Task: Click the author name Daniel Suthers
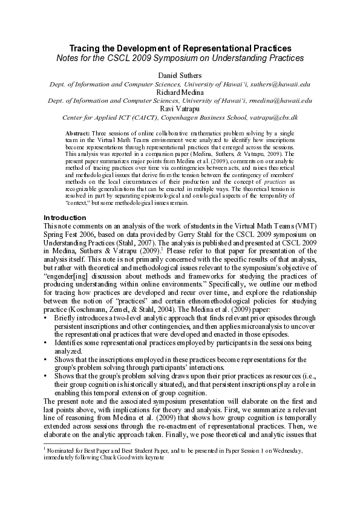[180, 75]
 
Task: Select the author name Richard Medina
[180, 92]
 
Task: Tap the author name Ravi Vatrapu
[180, 108]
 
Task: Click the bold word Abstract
[77, 132]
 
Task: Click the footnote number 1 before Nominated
[45, 449]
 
